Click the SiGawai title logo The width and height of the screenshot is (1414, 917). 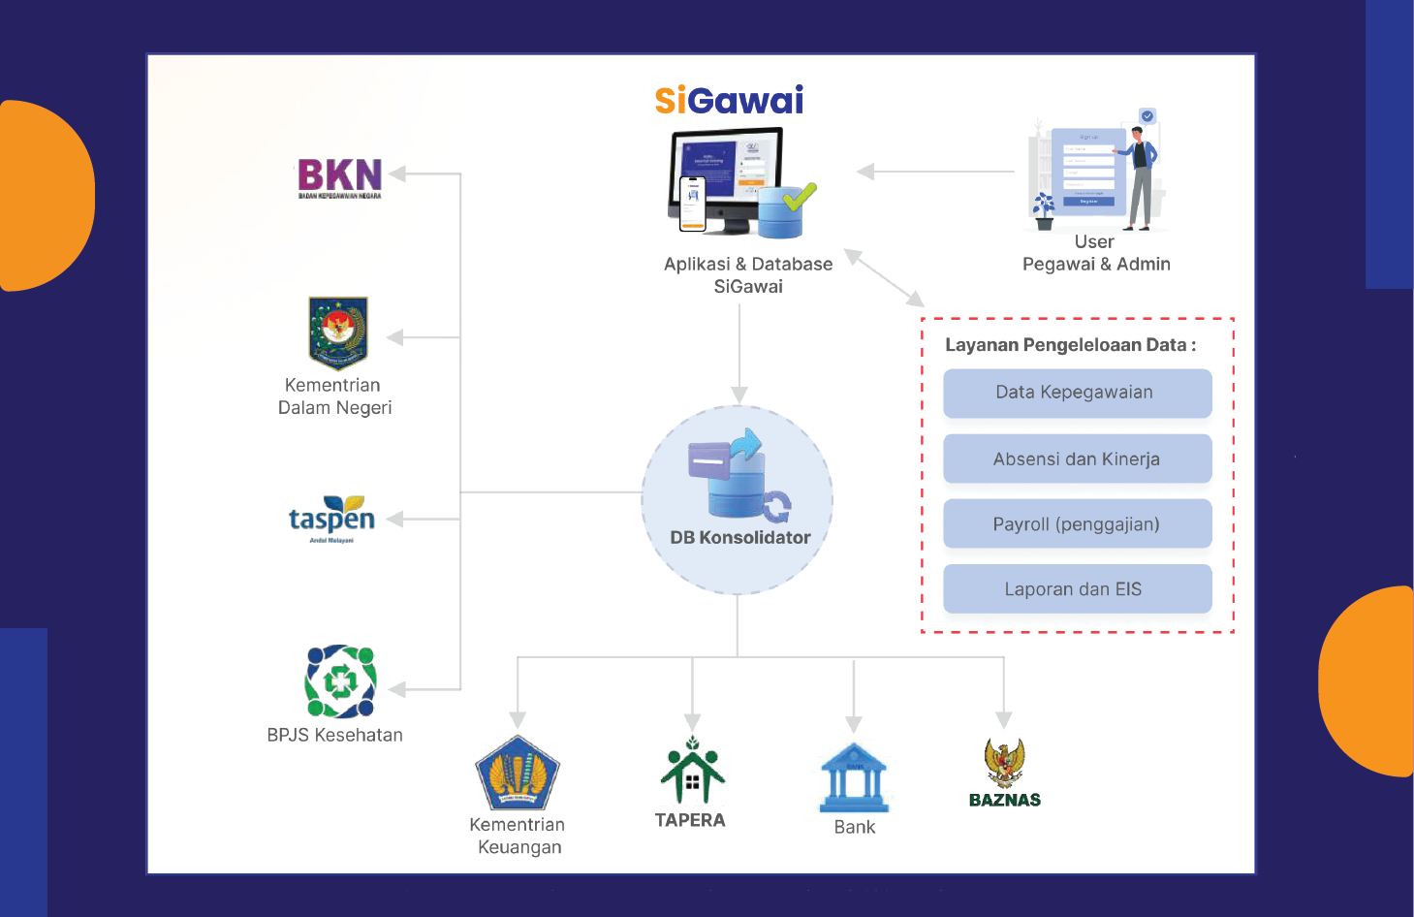729,101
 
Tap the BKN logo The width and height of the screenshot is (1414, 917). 339,176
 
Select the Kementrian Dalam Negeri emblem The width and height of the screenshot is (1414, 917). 337,332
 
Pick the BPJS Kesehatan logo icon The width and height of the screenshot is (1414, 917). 340,681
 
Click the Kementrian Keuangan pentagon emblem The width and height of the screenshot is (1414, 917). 518,773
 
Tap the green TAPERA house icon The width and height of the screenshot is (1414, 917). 692,773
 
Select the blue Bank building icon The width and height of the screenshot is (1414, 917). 854,777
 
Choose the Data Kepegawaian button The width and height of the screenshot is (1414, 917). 1077,393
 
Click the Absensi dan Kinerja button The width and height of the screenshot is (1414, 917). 1077,458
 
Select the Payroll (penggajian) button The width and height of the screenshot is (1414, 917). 1077,524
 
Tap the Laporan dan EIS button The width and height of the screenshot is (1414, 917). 1077,589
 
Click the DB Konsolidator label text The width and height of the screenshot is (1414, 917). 740,538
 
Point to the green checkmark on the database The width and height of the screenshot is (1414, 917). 800,197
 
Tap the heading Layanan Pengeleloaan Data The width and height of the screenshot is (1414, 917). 1070,345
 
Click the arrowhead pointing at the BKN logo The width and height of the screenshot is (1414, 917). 397,174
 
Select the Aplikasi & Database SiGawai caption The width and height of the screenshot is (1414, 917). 748,275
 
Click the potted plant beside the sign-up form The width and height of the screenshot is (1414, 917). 1044,210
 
